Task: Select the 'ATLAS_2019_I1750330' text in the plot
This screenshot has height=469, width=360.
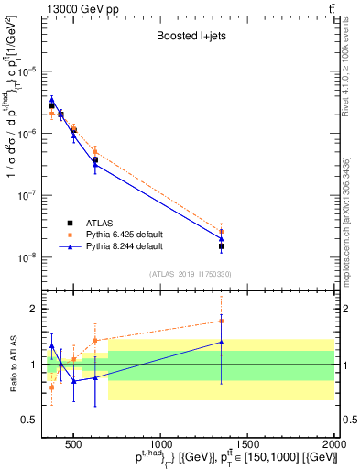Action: coord(190,273)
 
